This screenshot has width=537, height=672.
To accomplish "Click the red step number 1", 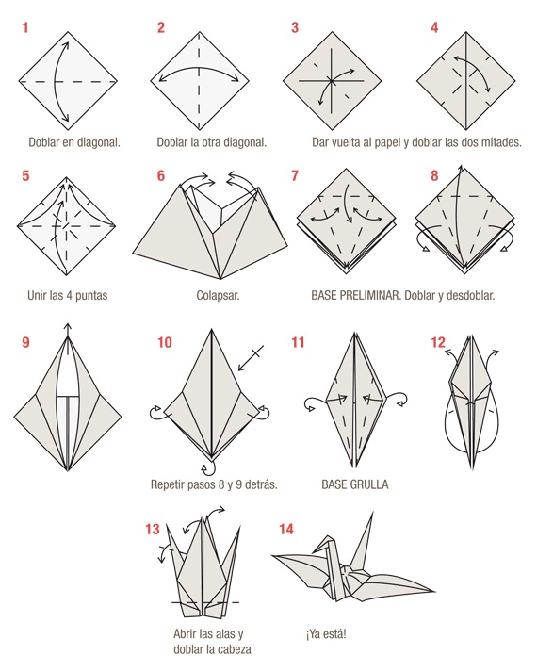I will pyautogui.click(x=24, y=28).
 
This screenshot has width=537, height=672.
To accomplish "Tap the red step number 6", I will pyautogui.click(x=161, y=176).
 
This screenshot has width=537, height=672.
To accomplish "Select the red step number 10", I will pyautogui.click(x=165, y=343).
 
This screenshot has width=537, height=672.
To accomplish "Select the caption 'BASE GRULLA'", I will pyautogui.click(x=354, y=485).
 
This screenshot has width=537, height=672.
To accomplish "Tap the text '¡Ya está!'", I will pyautogui.click(x=326, y=634).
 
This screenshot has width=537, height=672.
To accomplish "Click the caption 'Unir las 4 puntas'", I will pyautogui.click(x=68, y=295).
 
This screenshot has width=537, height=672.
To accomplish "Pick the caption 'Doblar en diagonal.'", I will pyautogui.click(x=74, y=143).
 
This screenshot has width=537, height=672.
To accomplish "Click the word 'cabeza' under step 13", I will pyautogui.click(x=231, y=649).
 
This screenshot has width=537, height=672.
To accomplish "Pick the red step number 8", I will pyautogui.click(x=434, y=176).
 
